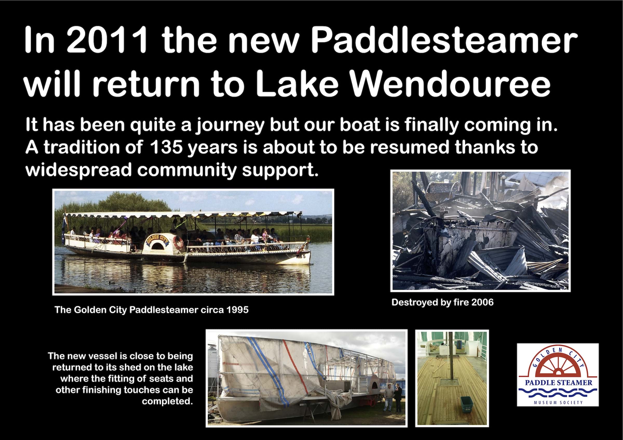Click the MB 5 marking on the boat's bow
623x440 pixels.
click(x=301, y=256)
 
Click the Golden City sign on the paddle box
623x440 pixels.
click(x=158, y=239)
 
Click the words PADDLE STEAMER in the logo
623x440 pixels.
click(x=559, y=382)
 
